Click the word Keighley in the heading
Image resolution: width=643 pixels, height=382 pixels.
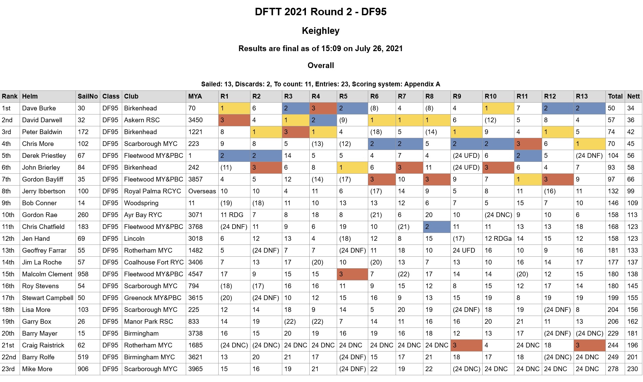pos(320,31)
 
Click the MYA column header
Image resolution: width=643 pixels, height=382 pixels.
pos(195,97)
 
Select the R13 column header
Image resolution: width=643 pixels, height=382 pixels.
pos(582,97)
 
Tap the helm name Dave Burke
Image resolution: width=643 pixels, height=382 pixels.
pos(39,108)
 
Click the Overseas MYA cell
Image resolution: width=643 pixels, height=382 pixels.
pos(202,191)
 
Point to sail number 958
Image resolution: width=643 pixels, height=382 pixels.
pos(83,274)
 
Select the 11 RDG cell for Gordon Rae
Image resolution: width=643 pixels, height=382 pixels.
pos(232,215)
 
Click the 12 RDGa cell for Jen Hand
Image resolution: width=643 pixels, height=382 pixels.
pos(498,239)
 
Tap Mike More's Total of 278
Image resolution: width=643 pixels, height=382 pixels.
pos(613,369)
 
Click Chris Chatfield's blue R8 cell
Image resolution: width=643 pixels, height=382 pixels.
pos(437,227)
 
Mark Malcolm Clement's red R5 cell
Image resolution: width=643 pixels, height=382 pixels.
pos(352,274)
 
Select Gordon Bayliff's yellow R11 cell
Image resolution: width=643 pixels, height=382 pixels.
pos(528,179)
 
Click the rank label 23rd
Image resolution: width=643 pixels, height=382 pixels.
pos(8,369)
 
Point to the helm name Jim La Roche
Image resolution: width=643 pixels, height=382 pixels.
pos(42,262)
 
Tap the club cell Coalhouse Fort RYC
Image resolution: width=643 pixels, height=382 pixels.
pos(154,262)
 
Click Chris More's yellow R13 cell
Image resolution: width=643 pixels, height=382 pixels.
pos(589,144)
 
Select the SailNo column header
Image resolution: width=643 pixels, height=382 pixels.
pos(88,97)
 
